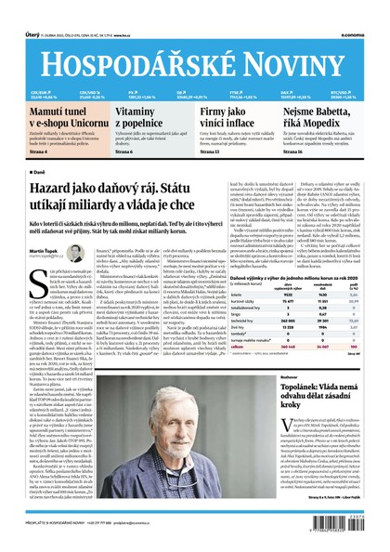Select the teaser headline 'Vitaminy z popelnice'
142,116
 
